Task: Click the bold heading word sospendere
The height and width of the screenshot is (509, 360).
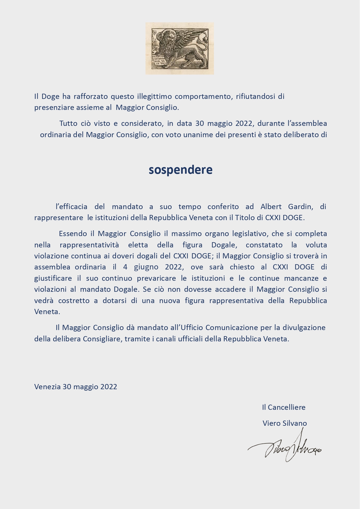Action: click(x=180, y=170)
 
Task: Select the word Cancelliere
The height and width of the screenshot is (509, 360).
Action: click(x=286, y=407)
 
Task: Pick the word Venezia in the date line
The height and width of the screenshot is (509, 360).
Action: click(x=47, y=387)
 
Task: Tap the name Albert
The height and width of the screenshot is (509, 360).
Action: click(x=271, y=207)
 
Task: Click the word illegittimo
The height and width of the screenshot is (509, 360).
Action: click(x=154, y=96)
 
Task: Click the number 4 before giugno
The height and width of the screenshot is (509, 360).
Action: click(x=125, y=267)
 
